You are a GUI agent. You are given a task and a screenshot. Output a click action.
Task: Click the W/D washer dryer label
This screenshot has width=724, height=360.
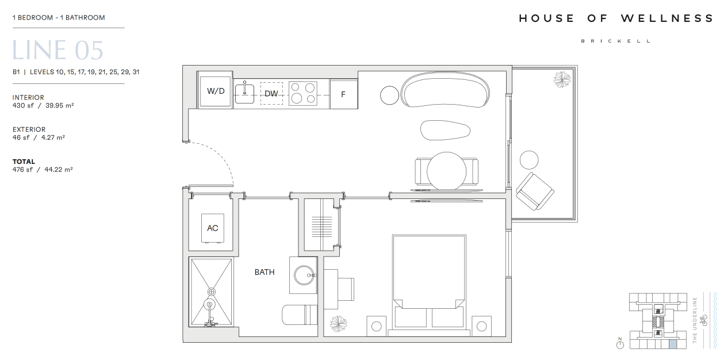[x=216, y=91]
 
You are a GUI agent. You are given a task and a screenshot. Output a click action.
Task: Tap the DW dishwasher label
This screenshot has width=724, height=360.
[x=271, y=93]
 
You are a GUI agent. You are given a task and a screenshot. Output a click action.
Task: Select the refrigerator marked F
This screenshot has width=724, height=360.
[x=343, y=94]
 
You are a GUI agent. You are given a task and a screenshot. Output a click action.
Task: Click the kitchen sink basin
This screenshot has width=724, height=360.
[x=244, y=94]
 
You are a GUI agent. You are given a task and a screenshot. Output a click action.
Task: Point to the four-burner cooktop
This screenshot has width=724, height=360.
[x=302, y=93]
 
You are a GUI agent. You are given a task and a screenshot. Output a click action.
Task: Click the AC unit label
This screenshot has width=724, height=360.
[x=212, y=228]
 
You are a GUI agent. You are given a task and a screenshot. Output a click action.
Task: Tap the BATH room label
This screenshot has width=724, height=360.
[x=265, y=272]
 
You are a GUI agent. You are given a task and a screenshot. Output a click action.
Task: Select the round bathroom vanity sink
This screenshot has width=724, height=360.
[x=304, y=275]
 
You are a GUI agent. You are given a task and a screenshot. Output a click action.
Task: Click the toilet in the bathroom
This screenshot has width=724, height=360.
[x=299, y=315]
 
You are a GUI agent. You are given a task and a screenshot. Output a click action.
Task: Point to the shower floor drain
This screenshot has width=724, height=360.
[x=212, y=292]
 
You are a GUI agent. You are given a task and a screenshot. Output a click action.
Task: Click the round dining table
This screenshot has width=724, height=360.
[x=446, y=171]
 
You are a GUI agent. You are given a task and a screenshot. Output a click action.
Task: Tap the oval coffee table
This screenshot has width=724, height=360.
[x=445, y=130]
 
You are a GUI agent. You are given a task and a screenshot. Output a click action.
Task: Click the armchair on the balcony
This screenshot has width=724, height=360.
[x=535, y=192]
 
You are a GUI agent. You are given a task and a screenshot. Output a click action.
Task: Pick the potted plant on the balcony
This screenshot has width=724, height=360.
[x=562, y=79]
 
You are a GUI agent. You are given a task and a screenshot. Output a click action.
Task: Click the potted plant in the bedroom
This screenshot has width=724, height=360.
[x=338, y=324]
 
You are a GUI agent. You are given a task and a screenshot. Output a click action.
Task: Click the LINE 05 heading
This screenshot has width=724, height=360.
[x=58, y=50]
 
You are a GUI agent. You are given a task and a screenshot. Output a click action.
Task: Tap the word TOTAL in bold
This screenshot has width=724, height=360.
[x=24, y=162]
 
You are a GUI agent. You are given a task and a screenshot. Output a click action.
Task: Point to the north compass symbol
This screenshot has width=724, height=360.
[x=620, y=344]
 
